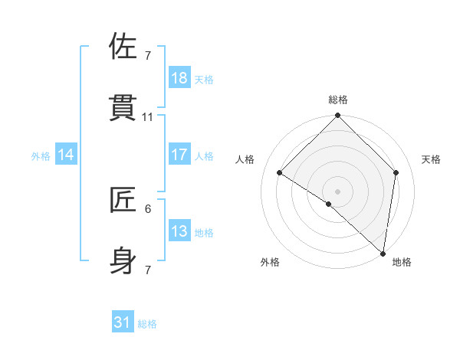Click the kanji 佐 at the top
[x=123, y=47]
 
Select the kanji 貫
[x=123, y=108]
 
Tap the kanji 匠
[x=123, y=200]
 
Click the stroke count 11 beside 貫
[x=148, y=117]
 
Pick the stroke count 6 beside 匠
[x=148, y=208]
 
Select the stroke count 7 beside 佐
[x=148, y=56]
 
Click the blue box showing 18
[x=179, y=77]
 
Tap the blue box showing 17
[x=179, y=154]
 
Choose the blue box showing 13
[x=179, y=231]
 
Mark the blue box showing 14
[x=66, y=154]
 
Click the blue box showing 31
[x=123, y=322]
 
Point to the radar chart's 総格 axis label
[x=338, y=100]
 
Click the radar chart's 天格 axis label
[x=431, y=159]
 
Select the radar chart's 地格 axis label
[x=402, y=262]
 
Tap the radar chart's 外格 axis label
[x=270, y=262]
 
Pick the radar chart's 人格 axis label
[x=245, y=159]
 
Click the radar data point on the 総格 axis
[x=338, y=116]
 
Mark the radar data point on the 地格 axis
[x=383, y=254]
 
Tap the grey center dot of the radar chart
[x=338, y=191]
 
